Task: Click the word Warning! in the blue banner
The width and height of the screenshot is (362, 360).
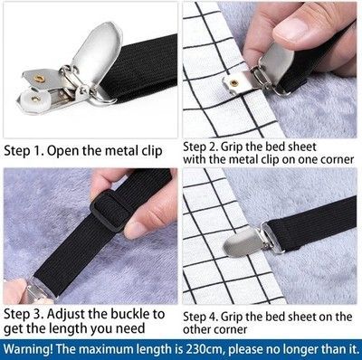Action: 28,349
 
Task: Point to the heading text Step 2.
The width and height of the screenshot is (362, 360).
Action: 201,147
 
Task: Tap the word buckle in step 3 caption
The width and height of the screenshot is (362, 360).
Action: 129,314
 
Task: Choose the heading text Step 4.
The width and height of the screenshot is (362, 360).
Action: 201,317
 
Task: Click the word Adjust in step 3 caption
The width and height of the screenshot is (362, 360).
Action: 66,315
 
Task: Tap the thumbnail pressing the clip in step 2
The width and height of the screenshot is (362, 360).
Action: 291,29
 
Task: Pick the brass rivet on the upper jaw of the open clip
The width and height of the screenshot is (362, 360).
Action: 38,79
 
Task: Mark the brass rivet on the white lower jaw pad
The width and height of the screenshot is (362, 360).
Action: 35,99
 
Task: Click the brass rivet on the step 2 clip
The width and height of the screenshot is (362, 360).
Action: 233,82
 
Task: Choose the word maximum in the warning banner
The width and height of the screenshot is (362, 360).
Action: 108,349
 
